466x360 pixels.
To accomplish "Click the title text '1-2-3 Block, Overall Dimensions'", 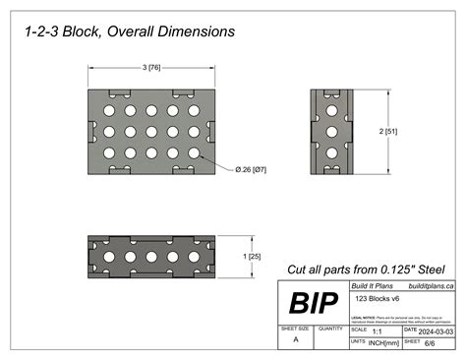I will click(x=130, y=31).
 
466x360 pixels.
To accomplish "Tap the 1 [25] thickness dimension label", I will click(x=253, y=256).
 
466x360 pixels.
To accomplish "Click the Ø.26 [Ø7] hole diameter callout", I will click(x=251, y=170).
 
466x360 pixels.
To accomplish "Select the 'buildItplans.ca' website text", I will click(x=431, y=285).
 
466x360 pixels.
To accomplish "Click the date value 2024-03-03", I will click(x=435, y=331).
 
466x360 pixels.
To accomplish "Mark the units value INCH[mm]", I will click(x=383, y=343).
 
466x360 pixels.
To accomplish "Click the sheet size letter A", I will click(x=296, y=338).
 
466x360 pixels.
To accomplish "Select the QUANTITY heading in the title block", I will click(x=331, y=329).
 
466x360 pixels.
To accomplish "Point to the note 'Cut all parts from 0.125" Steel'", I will click(x=366, y=269).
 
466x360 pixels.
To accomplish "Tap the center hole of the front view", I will click(x=151, y=130).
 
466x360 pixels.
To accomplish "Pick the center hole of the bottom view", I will click(x=150, y=256).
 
